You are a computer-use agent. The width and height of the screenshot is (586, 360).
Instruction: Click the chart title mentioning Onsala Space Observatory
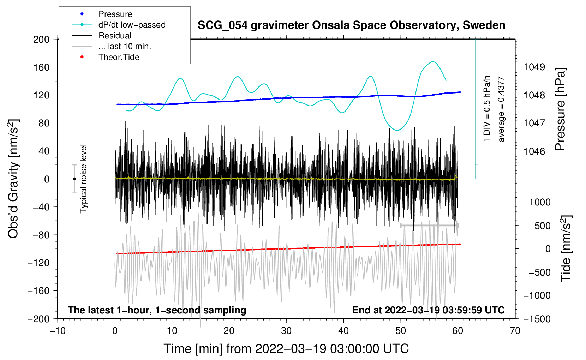(351, 25)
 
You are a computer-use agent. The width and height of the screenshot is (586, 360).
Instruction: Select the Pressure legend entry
(115, 14)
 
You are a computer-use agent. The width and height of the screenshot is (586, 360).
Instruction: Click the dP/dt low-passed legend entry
(132, 25)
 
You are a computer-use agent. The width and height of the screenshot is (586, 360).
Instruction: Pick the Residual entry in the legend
(115, 36)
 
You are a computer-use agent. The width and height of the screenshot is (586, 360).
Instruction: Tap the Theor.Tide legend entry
(119, 57)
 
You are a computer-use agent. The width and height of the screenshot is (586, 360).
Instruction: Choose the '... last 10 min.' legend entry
(125, 46)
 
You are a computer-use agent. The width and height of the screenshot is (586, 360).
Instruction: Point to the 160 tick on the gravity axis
(41, 67)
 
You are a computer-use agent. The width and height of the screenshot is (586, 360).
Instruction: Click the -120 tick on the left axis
(38, 263)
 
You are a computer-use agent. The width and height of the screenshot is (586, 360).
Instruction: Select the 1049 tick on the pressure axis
(534, 67)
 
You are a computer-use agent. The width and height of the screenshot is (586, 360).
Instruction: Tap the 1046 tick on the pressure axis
(534, 151)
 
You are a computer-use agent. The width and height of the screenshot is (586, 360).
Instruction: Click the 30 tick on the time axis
(286, 331)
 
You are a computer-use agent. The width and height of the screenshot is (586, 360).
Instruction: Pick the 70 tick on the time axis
(515, 331)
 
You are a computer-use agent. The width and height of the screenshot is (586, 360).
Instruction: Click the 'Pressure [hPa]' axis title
(560, 109)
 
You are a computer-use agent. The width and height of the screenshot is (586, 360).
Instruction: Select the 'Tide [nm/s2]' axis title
(566, 248)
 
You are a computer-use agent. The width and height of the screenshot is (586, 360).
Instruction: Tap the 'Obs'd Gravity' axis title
(13, 179)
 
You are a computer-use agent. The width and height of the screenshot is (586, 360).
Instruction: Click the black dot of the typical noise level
(74, 179)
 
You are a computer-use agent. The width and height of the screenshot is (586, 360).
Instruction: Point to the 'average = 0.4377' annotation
(501, 109)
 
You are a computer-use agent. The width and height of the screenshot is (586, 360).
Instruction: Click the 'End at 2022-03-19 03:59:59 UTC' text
(428, 310)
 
